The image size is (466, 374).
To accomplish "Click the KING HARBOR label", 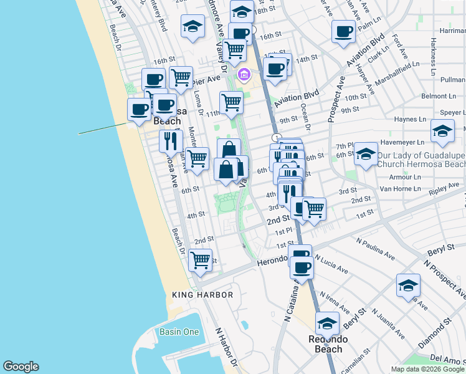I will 202,295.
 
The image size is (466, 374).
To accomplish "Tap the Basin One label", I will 179,332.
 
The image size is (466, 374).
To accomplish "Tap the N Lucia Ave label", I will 331,262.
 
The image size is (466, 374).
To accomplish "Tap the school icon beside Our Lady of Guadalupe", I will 366,153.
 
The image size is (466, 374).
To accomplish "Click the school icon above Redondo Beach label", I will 327,323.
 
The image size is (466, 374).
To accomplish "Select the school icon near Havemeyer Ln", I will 442,130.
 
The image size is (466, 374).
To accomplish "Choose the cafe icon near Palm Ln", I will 343,31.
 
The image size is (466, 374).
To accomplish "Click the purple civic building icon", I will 244,76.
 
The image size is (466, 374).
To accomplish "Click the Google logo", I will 21,367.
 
